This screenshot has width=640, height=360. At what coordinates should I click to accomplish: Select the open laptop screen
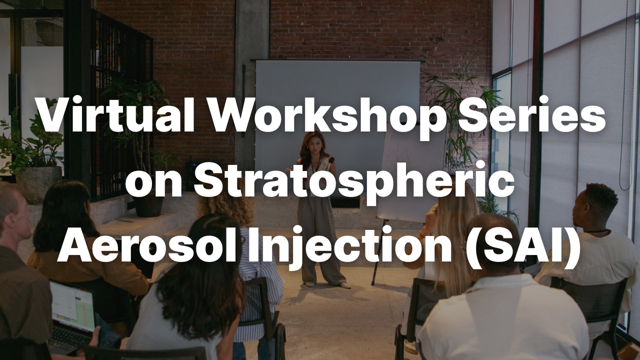click(x=72, y=304)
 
